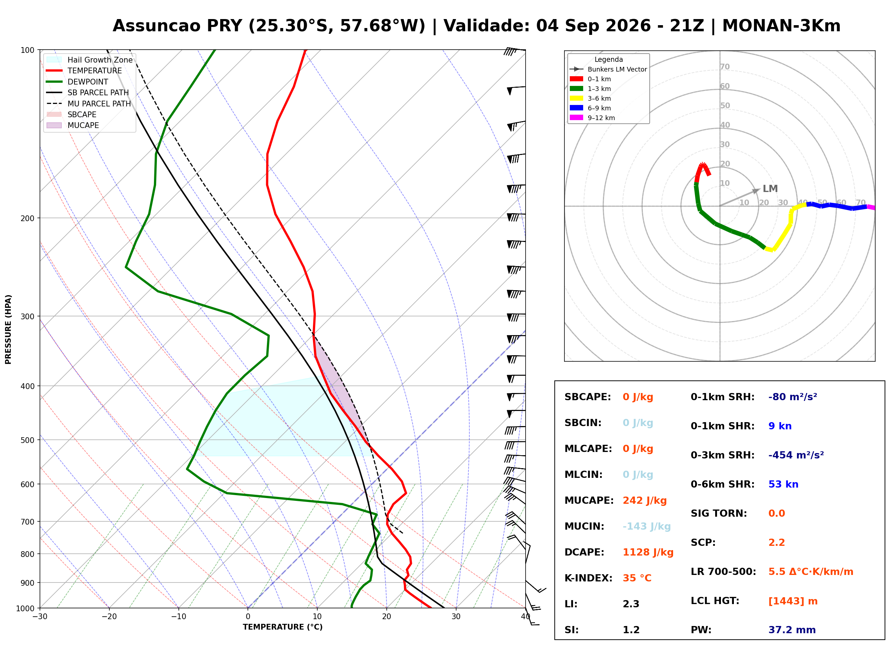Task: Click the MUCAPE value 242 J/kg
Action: click(x=645, y=501)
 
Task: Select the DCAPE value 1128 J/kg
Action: click(x=648, y=552)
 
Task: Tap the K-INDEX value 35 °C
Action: click(x=637, y=578)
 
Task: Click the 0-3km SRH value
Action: click(x=796, y=455)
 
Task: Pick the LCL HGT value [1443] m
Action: click(x=793, y=601)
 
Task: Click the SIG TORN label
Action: click(x=719, y=514)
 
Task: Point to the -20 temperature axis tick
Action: click(x=109, y=617)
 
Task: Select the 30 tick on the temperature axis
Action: click(x=456, y=617)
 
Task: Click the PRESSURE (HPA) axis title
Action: click(x=8, y=329)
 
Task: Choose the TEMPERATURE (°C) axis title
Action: click(x=282, y=627)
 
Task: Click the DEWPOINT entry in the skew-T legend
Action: click(x=88, y=82)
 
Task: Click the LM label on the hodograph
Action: click(x=770, y=189)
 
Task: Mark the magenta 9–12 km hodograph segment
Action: click(x=871, y=207)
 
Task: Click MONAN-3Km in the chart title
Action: click(x=781, y=26)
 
